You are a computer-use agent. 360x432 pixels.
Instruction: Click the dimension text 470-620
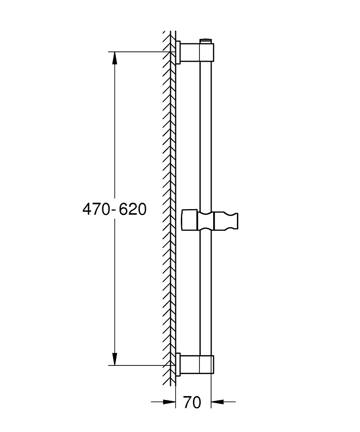click(x=114, y=210)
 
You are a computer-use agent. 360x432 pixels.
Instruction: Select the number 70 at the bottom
click(x=192, y=403)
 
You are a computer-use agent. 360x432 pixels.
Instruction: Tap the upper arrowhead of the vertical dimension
click(x=114, y=58)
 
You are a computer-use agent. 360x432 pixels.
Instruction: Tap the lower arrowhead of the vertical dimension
click(x=114, y=359)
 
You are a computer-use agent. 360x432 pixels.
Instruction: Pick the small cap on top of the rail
click(x=206, y=41)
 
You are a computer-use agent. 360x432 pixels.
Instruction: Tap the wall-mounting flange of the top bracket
click(x=178, y=53)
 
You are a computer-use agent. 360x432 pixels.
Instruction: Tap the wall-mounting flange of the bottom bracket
click(x=178, y=364)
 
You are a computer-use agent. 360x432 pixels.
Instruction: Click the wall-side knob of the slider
click(x=189, y=220)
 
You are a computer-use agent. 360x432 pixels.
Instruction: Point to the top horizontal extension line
click(x=138, y=52)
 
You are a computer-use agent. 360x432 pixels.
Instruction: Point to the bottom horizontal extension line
click(x=138, y=365)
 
